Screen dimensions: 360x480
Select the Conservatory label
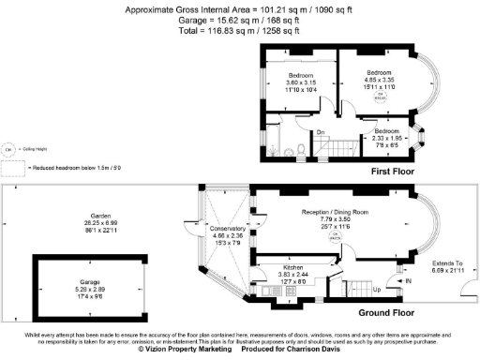coord(228,229)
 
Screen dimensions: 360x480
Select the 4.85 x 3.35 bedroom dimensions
coord(378,80)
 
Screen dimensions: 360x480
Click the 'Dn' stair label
coord(320,132)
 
